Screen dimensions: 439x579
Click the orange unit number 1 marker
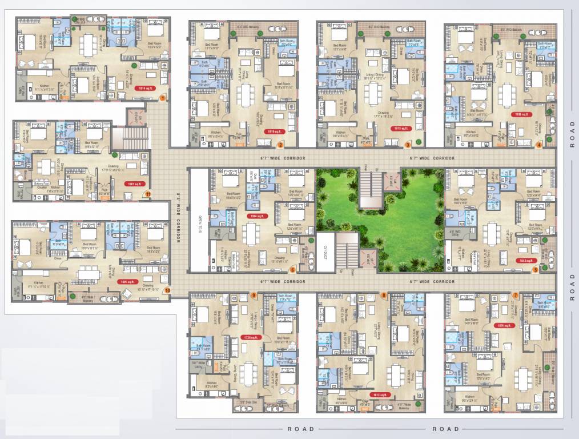tap(163, 98)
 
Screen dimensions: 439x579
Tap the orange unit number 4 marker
tap(540, 145)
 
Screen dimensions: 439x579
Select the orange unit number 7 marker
tap(515, 294)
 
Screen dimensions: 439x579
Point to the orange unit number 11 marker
tap(147, 194)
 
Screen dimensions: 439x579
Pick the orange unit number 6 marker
tap(292, 270)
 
